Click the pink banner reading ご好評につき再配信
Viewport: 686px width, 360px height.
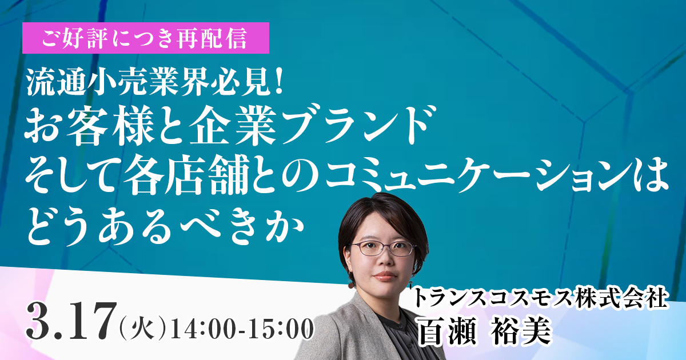click(146, 38)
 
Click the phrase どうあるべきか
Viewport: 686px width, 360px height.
click(165, 227)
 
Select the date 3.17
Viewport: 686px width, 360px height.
click(72, 321)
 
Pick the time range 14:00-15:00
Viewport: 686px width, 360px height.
click(242, 329)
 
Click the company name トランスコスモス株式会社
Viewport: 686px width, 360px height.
click(541, 298)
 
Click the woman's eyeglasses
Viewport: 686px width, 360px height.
click(383, 249)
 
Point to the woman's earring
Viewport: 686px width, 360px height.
click(350, 284)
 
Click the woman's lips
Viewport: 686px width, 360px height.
click(385, 275)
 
